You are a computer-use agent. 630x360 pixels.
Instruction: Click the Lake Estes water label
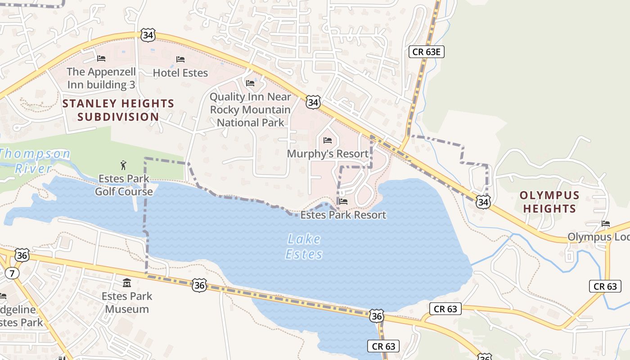point(304,247)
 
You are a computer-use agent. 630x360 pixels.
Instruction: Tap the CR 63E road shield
point(427,52)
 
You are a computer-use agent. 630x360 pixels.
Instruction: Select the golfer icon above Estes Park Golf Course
point(124,165)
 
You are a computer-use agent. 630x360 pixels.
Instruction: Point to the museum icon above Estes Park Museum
point(127,283)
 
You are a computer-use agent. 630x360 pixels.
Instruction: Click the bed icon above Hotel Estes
point(180,59)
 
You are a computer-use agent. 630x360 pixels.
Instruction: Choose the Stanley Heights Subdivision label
point(118,110)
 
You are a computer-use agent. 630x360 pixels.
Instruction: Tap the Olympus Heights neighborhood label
point(549,202)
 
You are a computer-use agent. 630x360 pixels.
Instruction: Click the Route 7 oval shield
point(12,273)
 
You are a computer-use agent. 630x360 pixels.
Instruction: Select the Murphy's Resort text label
point(328,154)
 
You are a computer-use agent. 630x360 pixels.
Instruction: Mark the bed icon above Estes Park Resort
point(343,202)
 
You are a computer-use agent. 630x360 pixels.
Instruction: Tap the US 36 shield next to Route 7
point(22,255)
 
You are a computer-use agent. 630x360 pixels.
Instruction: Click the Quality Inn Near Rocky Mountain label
point(251,109)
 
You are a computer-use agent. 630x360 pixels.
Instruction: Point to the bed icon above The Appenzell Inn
point(101,58)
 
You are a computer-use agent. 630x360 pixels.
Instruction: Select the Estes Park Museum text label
point(127,302)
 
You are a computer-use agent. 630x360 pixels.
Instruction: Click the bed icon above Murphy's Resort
point(328,141)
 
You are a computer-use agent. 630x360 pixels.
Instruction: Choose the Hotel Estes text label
point(180,73)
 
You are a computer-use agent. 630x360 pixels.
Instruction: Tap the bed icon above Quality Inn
point(250,83)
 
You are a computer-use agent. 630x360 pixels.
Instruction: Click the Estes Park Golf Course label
point(124,185)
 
